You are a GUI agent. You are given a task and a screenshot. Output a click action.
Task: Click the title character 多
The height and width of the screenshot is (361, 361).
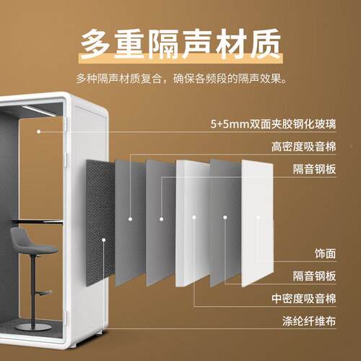95,44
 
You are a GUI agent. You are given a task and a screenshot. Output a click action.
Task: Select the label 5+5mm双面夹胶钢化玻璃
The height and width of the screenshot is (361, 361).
273,124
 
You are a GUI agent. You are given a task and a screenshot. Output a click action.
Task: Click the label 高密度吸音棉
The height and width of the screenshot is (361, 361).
304,147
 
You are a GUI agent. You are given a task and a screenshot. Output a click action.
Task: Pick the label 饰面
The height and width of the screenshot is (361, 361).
325,253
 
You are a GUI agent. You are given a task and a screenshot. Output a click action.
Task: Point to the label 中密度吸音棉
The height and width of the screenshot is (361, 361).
304,299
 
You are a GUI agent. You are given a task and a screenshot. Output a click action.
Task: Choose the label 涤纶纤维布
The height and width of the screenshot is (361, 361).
309,321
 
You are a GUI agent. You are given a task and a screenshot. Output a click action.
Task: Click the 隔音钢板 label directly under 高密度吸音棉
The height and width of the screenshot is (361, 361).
314,169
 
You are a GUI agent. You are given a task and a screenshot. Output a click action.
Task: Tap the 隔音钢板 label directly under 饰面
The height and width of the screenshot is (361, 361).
314,276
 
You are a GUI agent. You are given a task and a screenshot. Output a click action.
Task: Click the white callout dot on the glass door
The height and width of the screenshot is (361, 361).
38,131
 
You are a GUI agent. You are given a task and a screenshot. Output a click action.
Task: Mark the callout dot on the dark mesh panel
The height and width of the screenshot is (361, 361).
104,240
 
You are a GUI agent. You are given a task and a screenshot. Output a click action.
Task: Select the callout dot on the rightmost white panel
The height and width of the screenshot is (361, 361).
258,217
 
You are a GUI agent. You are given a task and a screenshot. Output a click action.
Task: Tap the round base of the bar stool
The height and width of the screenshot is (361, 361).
32,326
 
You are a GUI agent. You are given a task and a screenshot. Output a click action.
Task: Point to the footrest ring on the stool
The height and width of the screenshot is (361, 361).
43,293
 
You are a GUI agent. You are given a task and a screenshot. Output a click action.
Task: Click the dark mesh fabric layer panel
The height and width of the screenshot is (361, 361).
100,222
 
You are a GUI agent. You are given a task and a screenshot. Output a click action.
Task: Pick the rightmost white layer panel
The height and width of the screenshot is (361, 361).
257,222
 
